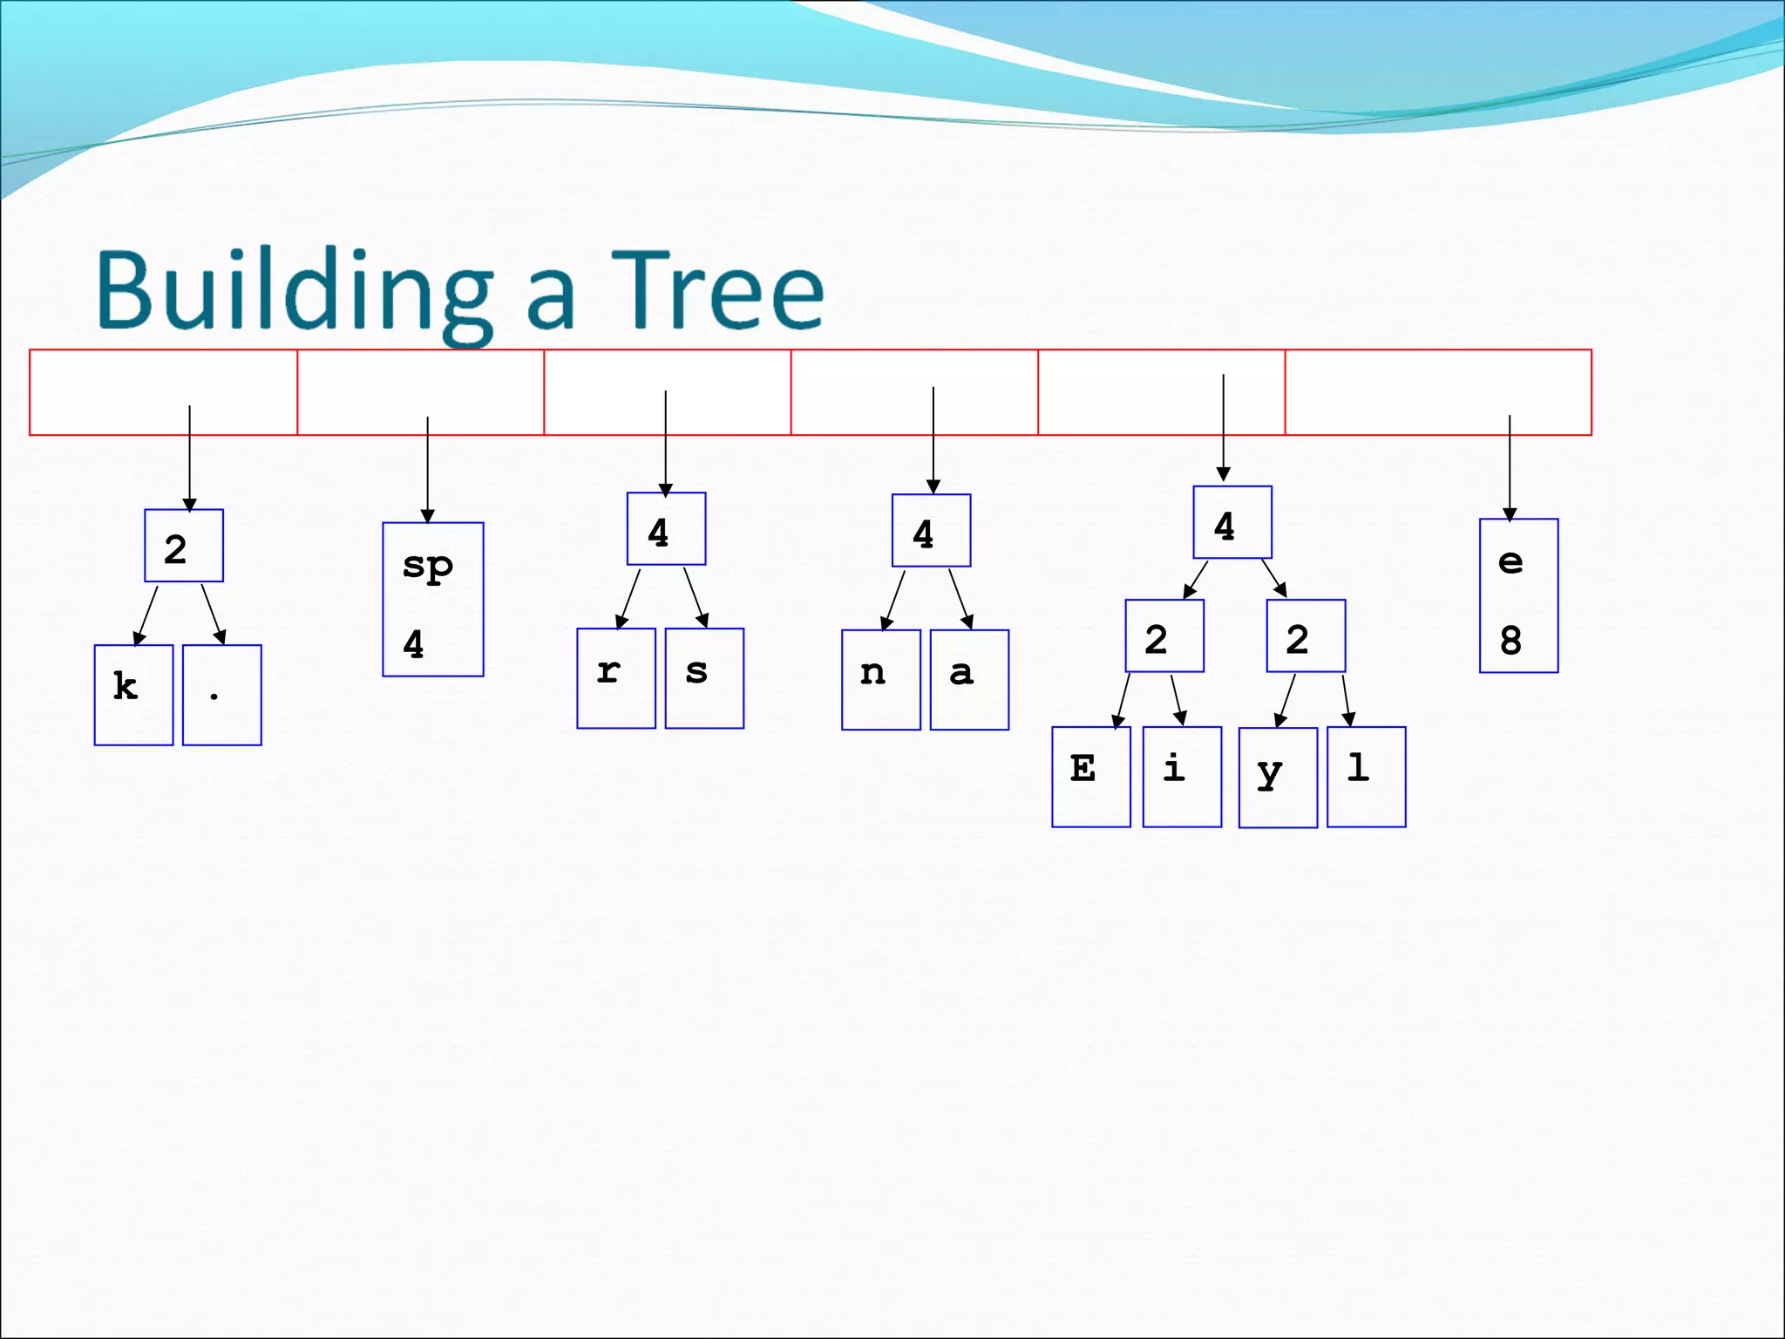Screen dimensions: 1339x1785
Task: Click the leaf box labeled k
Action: tap(133, 695)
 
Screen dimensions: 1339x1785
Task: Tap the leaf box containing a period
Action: tap(222, 695)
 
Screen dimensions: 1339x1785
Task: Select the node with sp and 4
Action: tap(433, 600)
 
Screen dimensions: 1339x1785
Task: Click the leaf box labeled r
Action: tap(616, 678)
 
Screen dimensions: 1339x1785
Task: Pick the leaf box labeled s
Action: tap(704, 678)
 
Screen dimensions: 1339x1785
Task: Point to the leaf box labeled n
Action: tap(881, 680)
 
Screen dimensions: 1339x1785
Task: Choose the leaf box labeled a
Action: tap(969, 680)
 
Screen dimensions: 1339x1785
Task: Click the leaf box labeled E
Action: tap(1091, 777)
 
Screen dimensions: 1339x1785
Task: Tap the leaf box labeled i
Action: tap(1182, 777)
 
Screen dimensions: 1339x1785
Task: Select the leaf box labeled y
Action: tap(1278, 778)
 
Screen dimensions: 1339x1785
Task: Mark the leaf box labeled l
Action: tap(1366, 777)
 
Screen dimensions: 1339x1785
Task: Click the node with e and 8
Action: tap(1518, 596)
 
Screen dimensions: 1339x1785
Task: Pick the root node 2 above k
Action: tap(184, 546)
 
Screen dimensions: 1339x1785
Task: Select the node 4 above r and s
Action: tap(666, 529)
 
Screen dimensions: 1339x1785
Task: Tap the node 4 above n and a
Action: tap(931, 531)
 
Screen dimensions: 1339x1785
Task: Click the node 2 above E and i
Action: tap(1164, 636)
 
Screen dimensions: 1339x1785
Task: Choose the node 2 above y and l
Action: tap(1306, 636)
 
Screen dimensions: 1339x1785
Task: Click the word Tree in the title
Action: tap(716, 289)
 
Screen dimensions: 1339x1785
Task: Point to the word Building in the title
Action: tap(295, 291)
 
